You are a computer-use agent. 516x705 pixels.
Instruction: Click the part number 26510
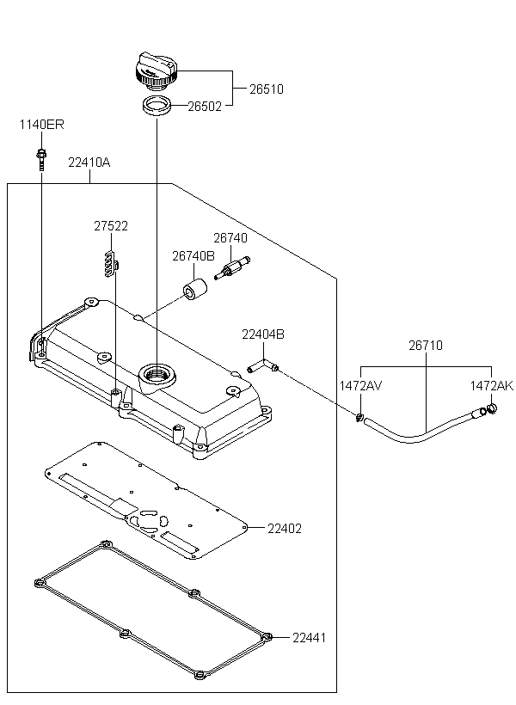(x=267, y=89)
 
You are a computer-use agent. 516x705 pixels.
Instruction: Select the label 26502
(x=205, y=107)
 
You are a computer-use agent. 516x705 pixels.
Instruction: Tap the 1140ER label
(x=42, y=126)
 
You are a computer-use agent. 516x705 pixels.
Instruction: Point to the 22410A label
(x=89, y=162)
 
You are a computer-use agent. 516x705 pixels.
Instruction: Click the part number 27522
(x=111, y=226)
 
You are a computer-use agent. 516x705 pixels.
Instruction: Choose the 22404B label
(x=262, y=334)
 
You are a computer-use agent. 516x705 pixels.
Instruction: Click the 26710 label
(x=426, y=346)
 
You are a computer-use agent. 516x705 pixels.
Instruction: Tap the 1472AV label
(x=360, y=386)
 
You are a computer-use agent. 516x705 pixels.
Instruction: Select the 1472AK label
(x=490, y=386)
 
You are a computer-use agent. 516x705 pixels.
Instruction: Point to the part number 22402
(x=285, y=528)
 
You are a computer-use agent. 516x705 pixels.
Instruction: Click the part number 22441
(x=310, y=638)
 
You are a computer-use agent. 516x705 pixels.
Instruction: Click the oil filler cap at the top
(x=157, y=69)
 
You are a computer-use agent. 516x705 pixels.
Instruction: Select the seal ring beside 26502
(x=156, y=107)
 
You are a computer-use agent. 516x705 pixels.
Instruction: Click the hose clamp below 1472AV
(x=359, y=419)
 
